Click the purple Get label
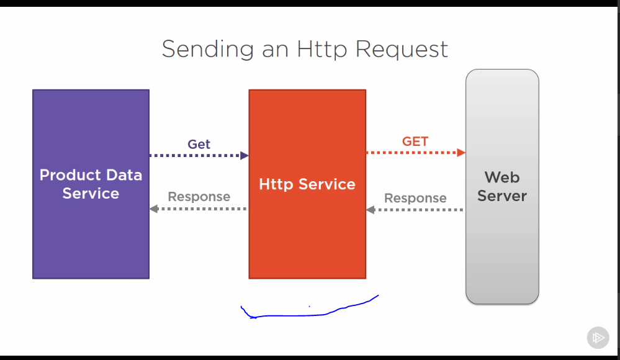point(199,144)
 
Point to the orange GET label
point(415,142)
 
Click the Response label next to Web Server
point(415,198)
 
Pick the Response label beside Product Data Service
point(199,197)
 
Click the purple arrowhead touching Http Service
point(245,155)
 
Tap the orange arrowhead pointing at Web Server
point(461,152)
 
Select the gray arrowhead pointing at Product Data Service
point(153,209)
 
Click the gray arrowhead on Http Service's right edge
point(370,210)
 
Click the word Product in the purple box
point(65,175)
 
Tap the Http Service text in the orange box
point(307,184)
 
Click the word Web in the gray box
point(502,178)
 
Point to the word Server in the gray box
point(502,196)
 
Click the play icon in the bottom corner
point(598,338)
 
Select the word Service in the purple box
point(91,194)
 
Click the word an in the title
point(275,49)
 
